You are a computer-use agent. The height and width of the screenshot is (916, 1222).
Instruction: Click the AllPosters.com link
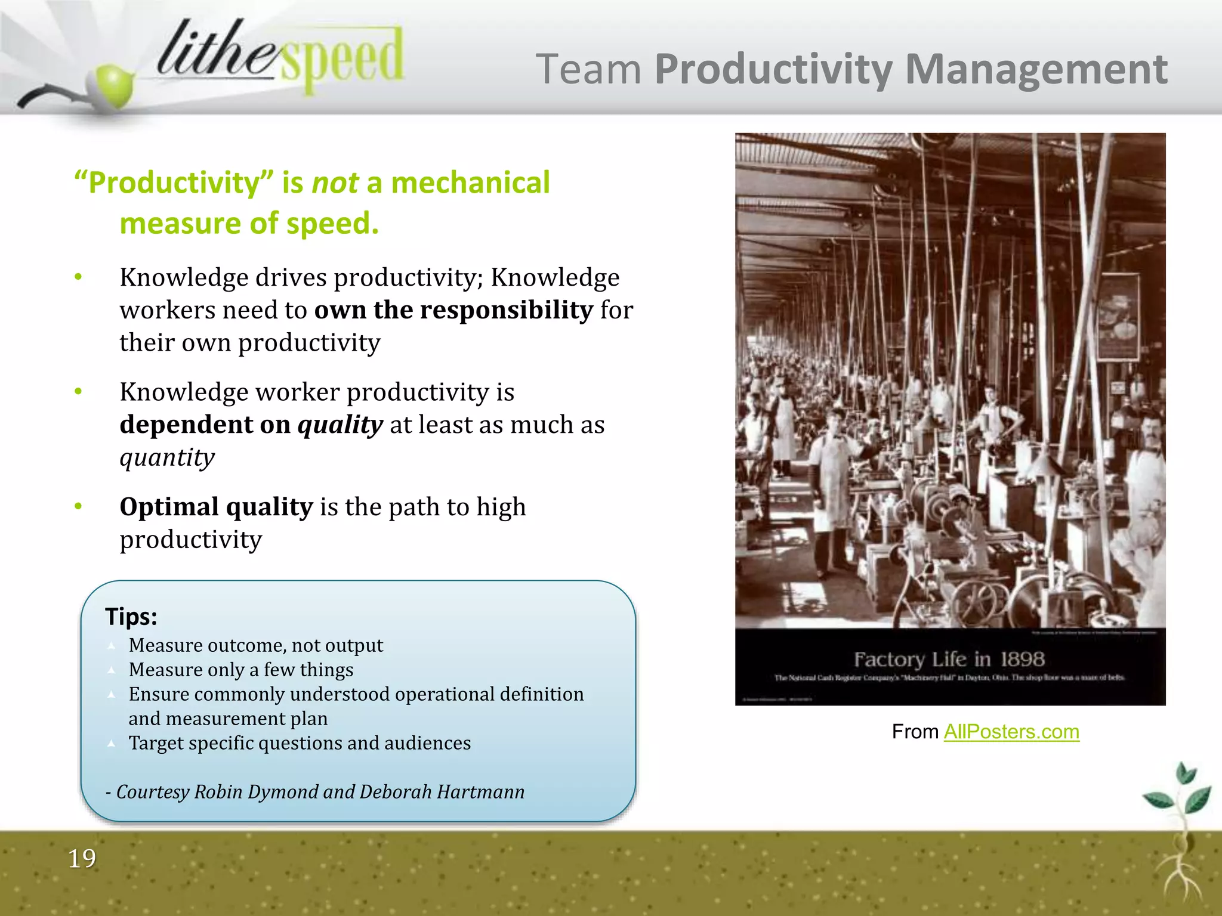coord(1011,732)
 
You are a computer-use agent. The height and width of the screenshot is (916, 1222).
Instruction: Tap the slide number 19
coord(82,859)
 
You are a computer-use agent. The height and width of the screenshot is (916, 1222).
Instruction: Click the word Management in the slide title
coord(1036,70)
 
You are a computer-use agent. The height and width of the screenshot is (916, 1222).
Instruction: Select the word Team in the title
coord(588,70)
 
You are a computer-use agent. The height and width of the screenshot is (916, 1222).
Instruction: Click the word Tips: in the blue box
coord(131,616)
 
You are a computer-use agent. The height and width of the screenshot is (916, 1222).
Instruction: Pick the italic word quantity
coord(167,457)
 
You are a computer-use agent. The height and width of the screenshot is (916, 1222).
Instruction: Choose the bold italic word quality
coord(340,425)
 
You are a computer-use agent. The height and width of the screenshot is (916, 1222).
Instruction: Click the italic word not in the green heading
coord(335,182)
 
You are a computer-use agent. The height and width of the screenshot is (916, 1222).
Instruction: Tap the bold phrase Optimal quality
coord(216,507)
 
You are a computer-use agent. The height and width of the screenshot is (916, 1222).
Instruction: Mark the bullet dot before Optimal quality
coord(78,507)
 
